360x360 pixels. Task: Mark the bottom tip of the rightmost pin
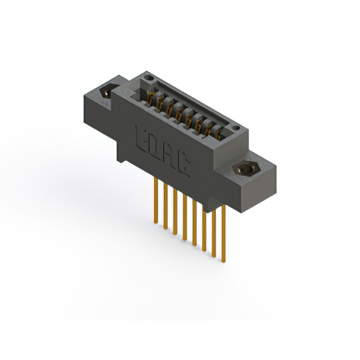coord(224,261)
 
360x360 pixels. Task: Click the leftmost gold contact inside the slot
coord(152,98)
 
